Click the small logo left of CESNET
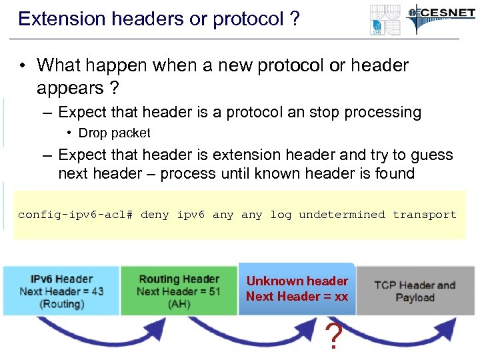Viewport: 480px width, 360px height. [x=386, y=19]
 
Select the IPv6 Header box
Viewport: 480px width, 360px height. [x=61, y=291]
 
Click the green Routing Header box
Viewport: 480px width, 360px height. [x=178, y=291]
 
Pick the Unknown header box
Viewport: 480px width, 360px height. [x=297, y=289]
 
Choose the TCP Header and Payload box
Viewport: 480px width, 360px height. [x=414, y=291]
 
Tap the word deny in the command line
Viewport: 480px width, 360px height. [x=155, y=215]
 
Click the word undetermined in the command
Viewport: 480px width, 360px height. [x=341, y=215]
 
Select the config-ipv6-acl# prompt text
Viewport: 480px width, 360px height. [x=75, y=215]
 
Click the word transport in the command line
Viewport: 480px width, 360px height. [x=424, y=215]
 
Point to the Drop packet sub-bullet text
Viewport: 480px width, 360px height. [x=114, y=133]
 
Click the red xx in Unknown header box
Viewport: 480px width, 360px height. [x=341, y=297]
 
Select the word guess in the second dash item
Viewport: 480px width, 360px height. [x=429, y=155]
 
